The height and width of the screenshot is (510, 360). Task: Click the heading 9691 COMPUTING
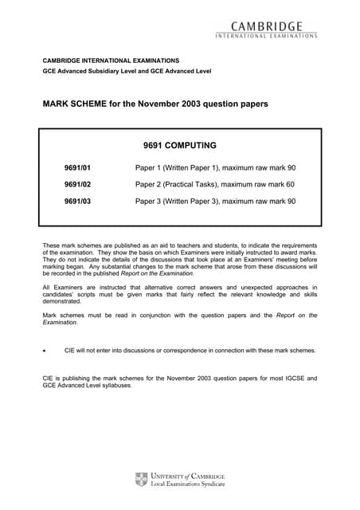click(x=181, y=146)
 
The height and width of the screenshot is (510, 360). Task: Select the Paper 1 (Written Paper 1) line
click(x=215, y=169)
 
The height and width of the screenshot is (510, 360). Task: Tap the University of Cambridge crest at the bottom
click(x=142, y=479)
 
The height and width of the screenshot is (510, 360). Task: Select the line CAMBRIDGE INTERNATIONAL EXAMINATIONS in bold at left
click(x=111, y=61)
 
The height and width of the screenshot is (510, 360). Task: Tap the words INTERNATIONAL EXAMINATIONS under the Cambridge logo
click(x=267, y=35)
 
